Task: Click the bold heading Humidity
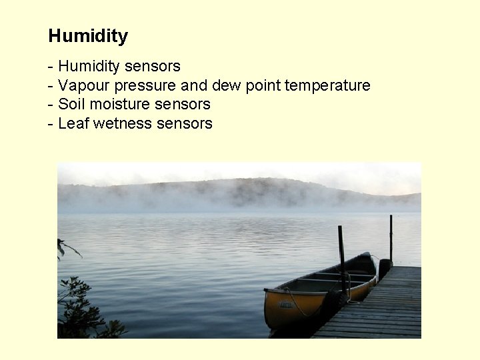(88, 36)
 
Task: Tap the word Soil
(71, 104)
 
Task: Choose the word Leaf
(73, 123)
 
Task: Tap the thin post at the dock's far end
(391, 237)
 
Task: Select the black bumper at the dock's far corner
(384, 268)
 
